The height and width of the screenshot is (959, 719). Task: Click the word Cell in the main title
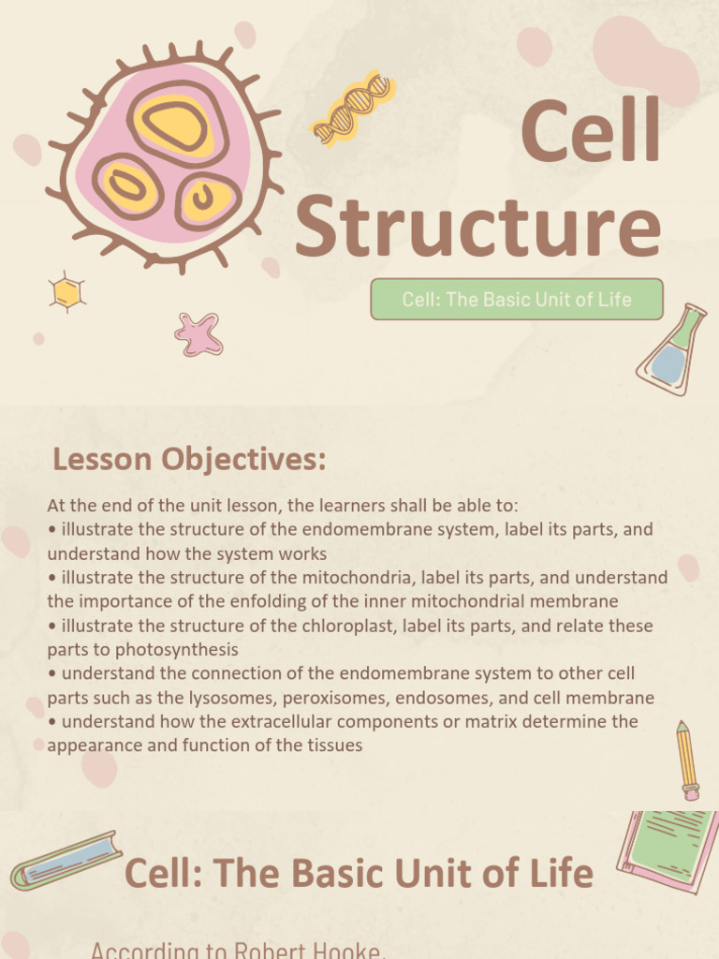coord(591,134)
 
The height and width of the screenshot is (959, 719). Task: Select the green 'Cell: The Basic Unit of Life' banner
coord(517,300)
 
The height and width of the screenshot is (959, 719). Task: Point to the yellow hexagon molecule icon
coord(66,292)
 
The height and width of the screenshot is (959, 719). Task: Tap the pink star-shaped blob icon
coord(198,334)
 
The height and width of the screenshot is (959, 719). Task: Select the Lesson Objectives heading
coord(189,460)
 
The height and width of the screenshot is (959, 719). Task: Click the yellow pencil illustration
coord(687,760)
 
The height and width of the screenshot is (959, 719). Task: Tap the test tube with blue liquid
coord(66,861)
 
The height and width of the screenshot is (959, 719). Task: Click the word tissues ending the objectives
coord(333,745)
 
